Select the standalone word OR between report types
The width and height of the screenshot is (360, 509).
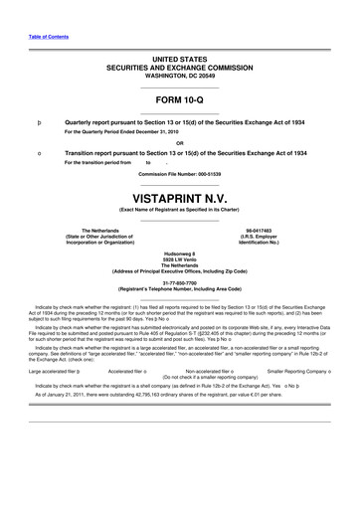click(x=180, y=140)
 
